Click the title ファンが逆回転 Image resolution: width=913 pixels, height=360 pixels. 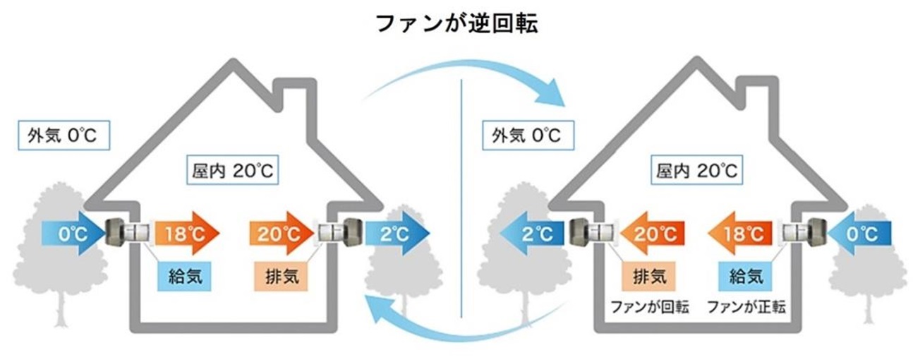click(456, 23)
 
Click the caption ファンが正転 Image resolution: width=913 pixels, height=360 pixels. click(745, 306)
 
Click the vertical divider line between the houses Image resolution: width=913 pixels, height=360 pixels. click(460, 198)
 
